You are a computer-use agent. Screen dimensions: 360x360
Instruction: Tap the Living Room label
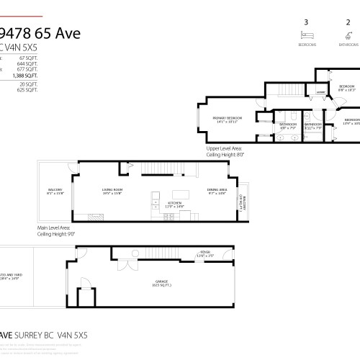tap(112, 192)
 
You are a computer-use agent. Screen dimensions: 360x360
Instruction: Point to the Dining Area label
tap(217, 192)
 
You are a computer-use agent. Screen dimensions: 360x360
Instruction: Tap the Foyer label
tap(205, 253)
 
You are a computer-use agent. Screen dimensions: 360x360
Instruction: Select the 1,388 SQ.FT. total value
tap(26, 75)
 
